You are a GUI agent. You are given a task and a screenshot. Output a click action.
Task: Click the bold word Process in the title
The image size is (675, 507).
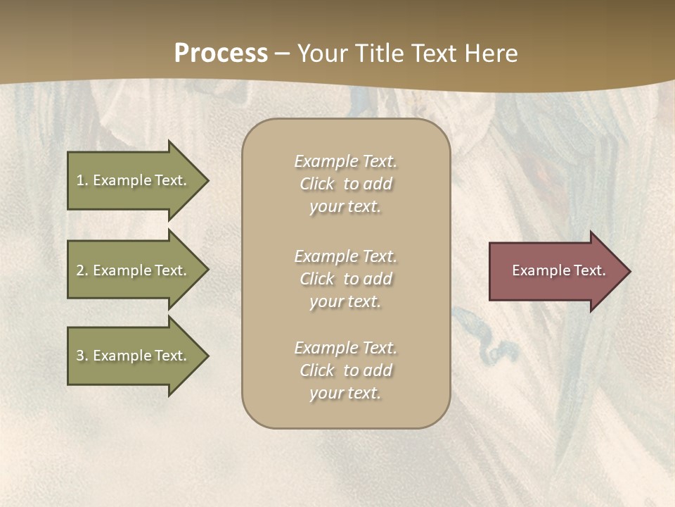pos(221,54)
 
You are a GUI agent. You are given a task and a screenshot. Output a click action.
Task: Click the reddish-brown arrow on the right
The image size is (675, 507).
pos(555,271)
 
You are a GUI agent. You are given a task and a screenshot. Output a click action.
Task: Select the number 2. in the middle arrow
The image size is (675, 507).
pos(82,270)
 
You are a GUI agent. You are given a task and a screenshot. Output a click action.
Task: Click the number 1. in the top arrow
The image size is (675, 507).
pos(82,180)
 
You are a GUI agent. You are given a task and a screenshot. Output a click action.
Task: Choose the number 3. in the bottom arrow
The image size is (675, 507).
pos(82,356)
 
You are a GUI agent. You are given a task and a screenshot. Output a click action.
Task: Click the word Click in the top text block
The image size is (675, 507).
pos(317,184)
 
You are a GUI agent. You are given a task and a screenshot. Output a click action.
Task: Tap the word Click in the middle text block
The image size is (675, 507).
pos(317,279)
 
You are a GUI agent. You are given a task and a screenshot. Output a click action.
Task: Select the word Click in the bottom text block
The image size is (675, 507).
pos(317,370)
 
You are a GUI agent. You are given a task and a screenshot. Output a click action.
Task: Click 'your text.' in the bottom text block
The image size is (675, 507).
pos(345,393)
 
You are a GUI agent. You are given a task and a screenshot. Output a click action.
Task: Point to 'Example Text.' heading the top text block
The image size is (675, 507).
pos(345,161)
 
